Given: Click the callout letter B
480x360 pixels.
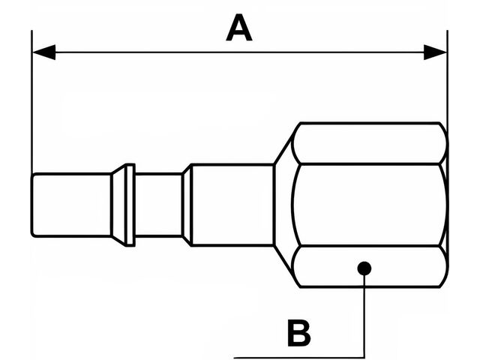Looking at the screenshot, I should tap(298, 333).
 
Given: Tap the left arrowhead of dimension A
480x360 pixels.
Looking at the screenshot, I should tap(43, 52).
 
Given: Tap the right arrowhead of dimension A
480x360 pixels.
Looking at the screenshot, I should tap(436, 52).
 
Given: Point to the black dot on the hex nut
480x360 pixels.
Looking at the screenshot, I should tap(364, 267).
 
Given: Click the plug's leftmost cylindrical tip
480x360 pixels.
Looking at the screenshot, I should tap(71, 205).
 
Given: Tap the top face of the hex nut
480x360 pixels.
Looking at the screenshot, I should tap(367, 143).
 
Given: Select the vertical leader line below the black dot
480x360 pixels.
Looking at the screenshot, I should tap(364, 315).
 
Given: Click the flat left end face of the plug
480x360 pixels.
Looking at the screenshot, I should tap(32, 205).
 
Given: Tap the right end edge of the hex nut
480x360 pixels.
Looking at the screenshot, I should tap(447, 205).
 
